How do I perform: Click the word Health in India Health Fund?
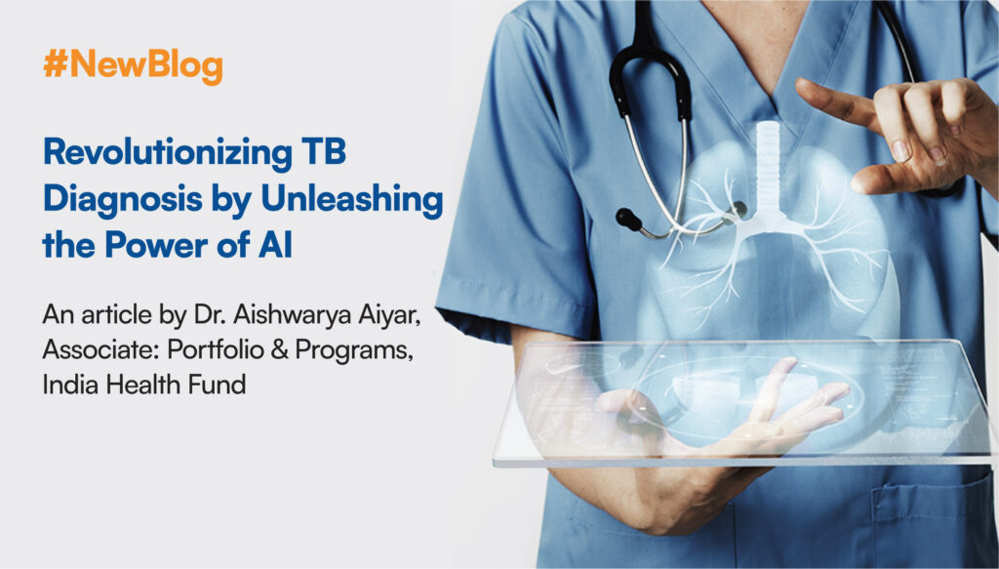pos(144,385)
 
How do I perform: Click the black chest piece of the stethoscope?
pos(629,220)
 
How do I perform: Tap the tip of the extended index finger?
pos(800,85)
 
